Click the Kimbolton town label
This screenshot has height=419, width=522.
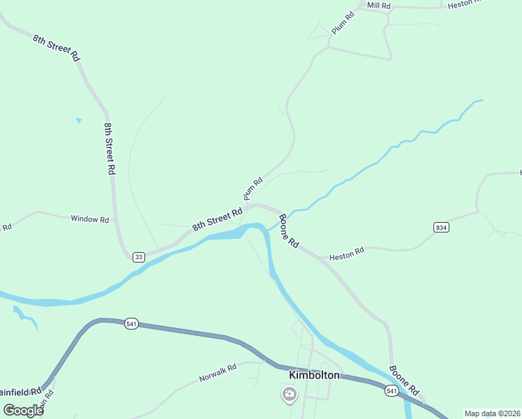coord(314,375)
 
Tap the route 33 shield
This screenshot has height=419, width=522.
coord(139,257)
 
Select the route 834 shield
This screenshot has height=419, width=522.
coord(440,228)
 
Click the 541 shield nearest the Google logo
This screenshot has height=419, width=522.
coord(131,323)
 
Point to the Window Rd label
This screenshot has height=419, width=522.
coord(90,219)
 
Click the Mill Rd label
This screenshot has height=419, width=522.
coord(380,6)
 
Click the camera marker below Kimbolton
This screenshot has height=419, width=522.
coord(289,395)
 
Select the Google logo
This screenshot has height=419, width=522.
coord(23,411)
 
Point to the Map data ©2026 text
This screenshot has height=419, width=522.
coord(492,413)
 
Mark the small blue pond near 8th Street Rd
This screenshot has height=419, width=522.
coord(79,120)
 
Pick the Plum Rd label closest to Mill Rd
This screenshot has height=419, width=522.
coord(343,22)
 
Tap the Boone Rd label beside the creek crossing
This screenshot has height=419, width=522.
coord(288,231)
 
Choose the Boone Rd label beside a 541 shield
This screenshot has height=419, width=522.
coord(404,381)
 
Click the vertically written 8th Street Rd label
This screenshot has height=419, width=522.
coord(110,147)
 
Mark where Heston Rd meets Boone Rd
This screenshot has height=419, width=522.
coord(324,260)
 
